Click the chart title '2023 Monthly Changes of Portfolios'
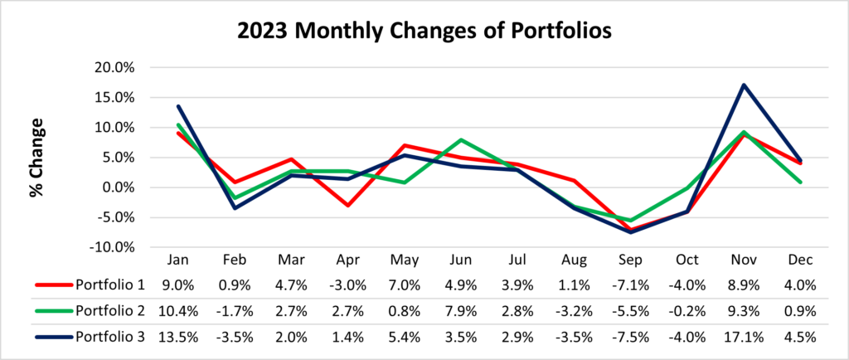[424, 32]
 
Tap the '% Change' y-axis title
[36, 158]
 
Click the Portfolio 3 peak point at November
[744, 85]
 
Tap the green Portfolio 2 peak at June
[460, 140]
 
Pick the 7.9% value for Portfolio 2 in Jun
[460, 312]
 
